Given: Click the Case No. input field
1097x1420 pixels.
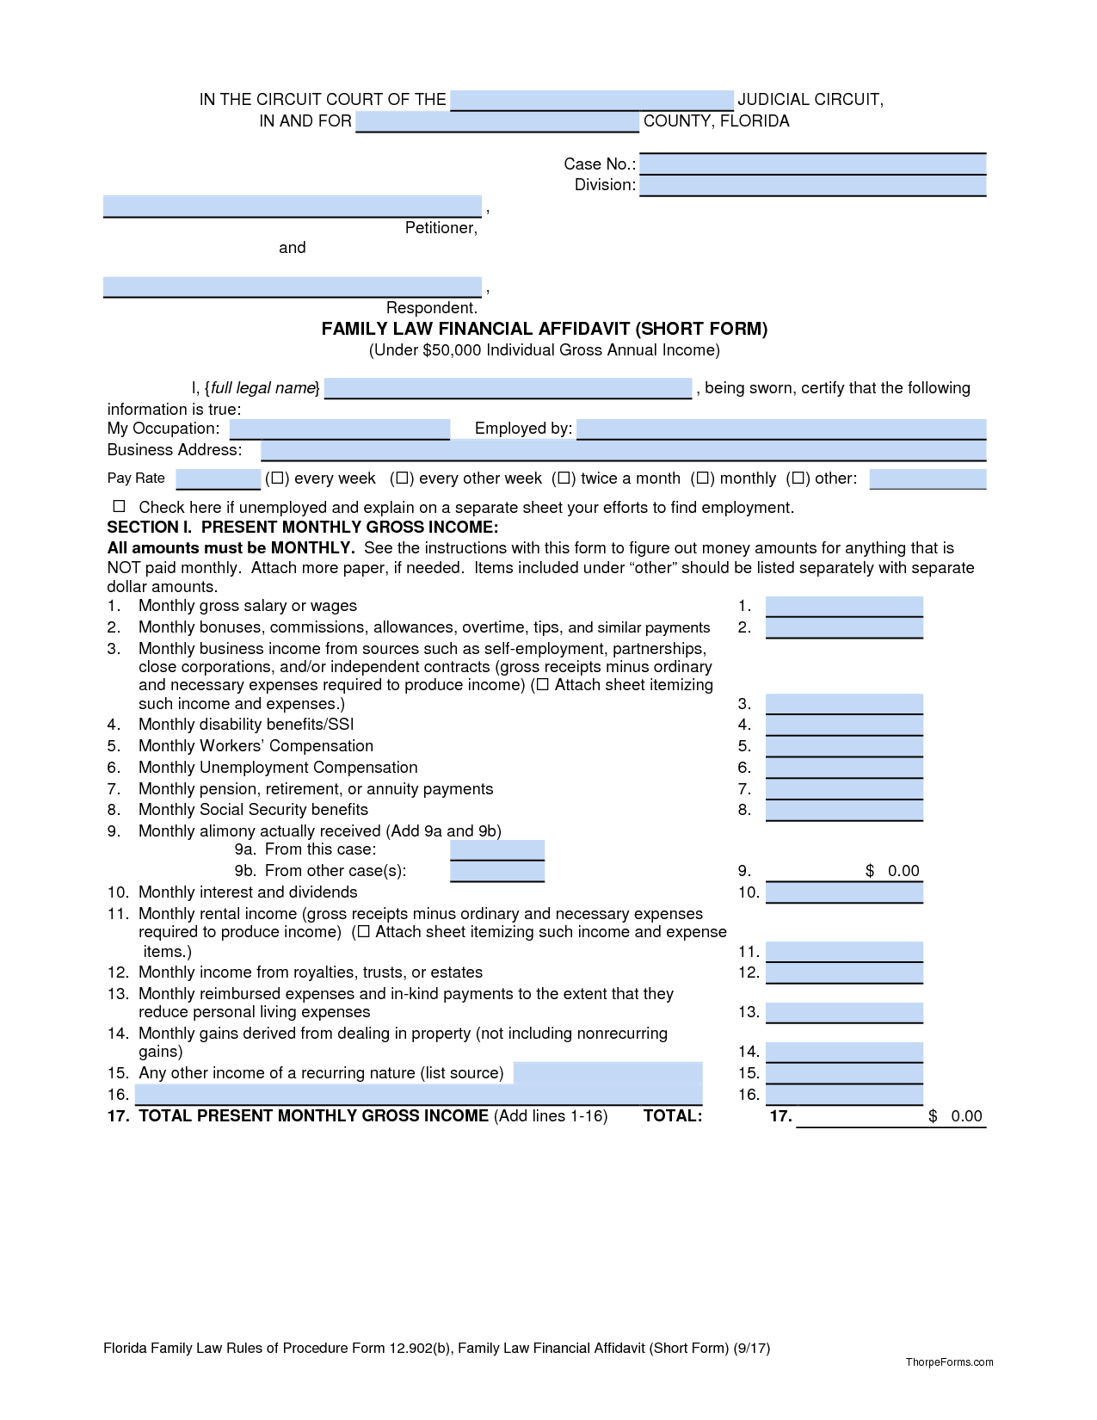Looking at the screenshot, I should point(812,164).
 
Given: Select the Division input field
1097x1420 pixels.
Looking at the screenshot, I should point(812,185).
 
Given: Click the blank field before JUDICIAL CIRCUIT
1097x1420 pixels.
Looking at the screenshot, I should point(591,100).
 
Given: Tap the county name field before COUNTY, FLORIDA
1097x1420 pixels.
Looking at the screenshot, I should point(497,121).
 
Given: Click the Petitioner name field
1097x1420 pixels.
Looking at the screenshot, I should point(292,206).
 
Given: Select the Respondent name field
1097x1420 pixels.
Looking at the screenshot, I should point(292,287).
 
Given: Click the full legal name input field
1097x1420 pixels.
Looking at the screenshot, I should point(508,388).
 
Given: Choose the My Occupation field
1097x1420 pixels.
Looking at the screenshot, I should point(339,429).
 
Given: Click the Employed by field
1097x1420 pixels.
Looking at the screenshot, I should point(780,429).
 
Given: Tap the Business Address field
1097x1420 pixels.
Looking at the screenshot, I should point(623,450).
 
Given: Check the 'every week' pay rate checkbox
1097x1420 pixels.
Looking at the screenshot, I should point(277,478).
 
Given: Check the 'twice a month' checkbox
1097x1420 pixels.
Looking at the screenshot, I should point(564,478).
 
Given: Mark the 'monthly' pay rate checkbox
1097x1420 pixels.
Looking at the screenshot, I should point(702,478).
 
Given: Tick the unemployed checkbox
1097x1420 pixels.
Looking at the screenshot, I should point(120,506).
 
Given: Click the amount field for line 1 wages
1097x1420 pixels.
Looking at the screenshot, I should point(843,606).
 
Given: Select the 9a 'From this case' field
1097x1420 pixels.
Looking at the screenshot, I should point(496,849).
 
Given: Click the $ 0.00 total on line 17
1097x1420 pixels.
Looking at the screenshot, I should point(955,1116).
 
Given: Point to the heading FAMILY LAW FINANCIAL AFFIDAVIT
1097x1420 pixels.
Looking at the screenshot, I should point(544,329).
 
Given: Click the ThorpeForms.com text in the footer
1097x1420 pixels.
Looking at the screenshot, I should point(949,1362).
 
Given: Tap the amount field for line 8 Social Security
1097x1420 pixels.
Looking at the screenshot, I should point(843,810).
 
